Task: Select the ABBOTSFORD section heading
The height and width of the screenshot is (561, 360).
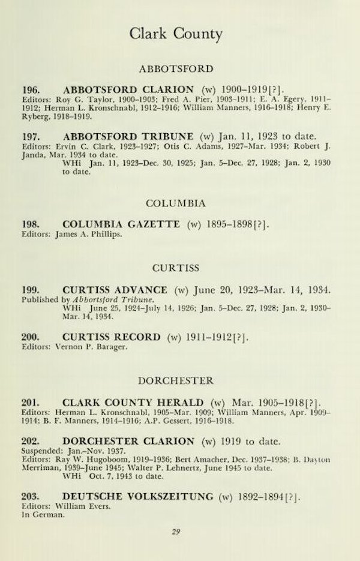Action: pyautogui.click(x=176, y=68)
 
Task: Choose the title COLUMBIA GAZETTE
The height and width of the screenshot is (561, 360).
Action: pyautogui.click(x=121, y=224)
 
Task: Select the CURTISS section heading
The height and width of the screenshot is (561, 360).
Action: pyautogui.click(x=176, y=268)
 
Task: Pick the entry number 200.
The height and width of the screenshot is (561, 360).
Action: pyautogui.click(x=31, y=337)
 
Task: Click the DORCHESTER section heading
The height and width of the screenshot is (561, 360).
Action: pyautogui.click(x=176, y=380)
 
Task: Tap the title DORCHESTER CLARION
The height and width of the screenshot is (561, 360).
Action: pyautogui.click(x=128, y=442)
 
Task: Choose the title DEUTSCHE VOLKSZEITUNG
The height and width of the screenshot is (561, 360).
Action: pyautogui.click(x=138, y=496)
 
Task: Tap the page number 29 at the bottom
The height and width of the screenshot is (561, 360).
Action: pyautogui.click(x=176, y=531)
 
